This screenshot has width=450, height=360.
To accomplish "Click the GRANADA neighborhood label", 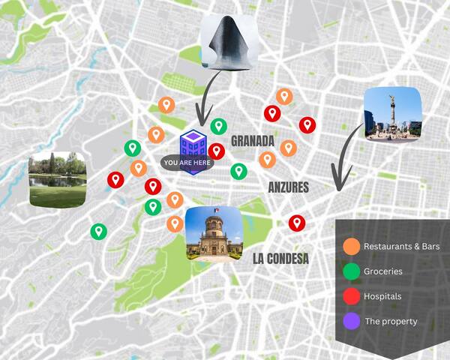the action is pos(253,141).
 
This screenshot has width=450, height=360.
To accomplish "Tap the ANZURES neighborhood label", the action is pos(289,187).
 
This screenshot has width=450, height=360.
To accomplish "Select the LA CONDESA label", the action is pos(280,259).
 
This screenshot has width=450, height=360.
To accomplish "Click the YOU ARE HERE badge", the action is pos(187,162).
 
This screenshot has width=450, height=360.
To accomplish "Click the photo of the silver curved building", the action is pos(229,43).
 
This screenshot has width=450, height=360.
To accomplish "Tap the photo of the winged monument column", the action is pos(392,114).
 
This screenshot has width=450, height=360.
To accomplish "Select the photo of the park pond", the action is pos(57,179).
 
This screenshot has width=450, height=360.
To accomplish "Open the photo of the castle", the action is pos(214,234).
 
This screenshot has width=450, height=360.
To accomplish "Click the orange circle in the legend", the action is pos(351,246).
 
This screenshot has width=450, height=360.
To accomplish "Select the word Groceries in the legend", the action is pos(382,271).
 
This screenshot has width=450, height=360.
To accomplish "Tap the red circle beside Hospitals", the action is pos(351,295).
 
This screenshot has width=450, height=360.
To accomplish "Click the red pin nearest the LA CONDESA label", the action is pos(297,222).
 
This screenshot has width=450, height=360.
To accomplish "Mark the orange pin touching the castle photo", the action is pos(175,223).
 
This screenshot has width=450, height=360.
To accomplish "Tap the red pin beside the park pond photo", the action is pos(115,179).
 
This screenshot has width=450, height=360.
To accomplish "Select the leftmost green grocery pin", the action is pos(97,231).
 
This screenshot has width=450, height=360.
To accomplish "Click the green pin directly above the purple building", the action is pos(218,126).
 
